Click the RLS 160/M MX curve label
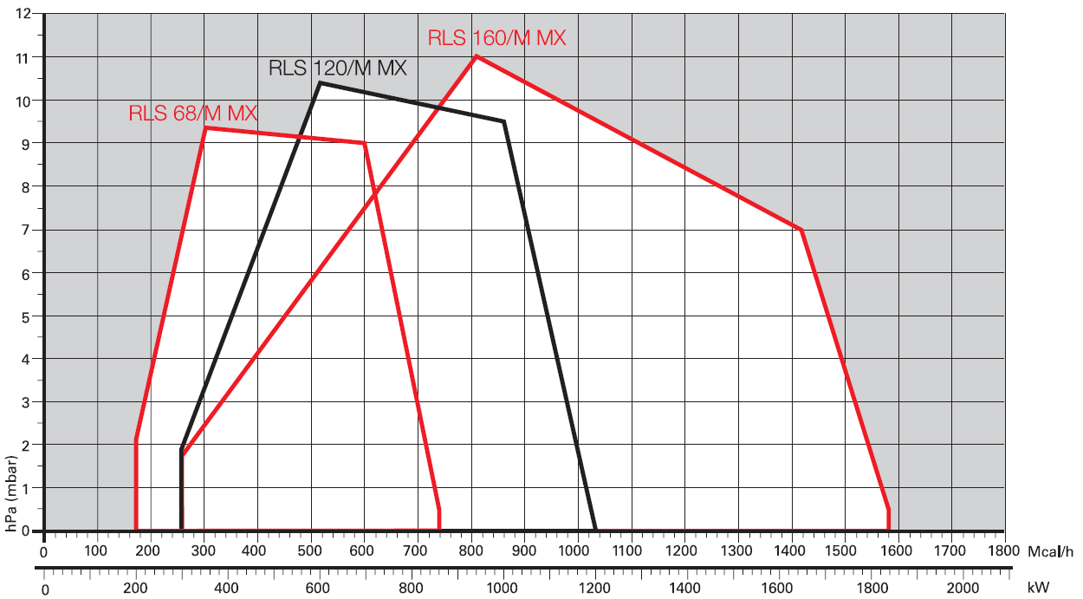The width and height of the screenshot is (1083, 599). coord(496,38)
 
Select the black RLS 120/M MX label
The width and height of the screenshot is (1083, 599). coord(338,68)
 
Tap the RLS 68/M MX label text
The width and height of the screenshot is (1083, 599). coord(192,114)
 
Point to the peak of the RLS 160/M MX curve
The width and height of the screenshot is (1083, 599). coord(477,56)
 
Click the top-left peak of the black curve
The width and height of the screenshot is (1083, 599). coord(320,83)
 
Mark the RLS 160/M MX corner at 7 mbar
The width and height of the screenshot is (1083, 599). coord(801,230)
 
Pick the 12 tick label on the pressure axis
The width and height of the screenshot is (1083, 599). coord(23,13)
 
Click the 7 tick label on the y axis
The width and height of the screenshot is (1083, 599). coord(26,229)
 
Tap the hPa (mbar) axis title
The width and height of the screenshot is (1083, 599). coord(11,493)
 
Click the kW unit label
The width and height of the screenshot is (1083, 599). coord(1038,588)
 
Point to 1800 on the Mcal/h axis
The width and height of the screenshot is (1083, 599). coord(1003,551)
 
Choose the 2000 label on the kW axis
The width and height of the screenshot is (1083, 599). coord(963,588)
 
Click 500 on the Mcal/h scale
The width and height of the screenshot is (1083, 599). coord(309,551)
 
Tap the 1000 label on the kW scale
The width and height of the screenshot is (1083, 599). coord(502,588)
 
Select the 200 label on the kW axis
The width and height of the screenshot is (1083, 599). coord(135,588)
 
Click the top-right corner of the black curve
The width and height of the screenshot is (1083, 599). coord(503,121)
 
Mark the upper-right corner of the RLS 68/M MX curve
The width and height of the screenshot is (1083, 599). coord(364,143)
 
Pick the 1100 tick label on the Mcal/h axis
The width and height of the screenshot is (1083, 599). coord(626,551)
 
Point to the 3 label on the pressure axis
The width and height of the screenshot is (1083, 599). coord(26,402)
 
